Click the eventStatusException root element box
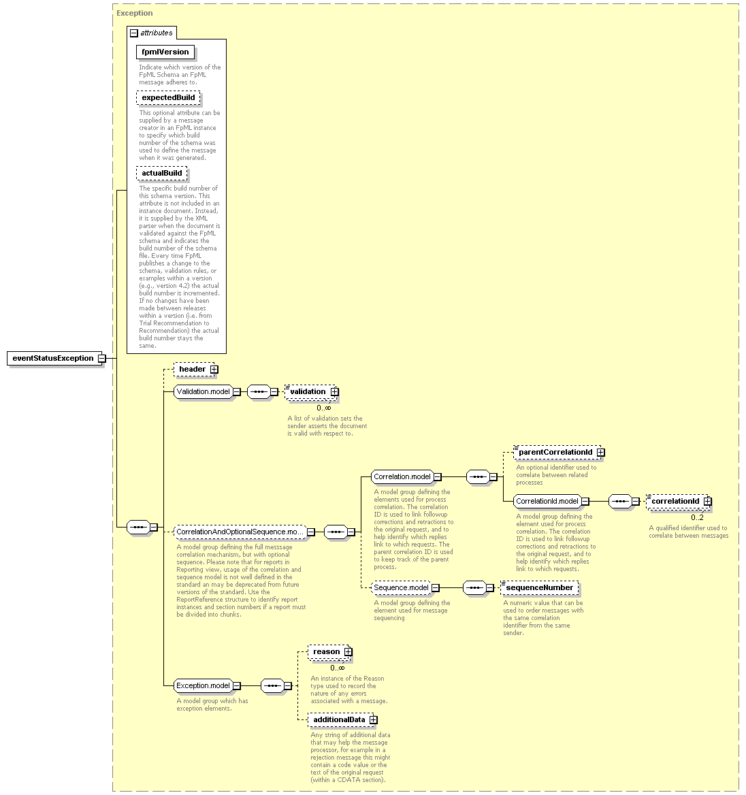[52, 359]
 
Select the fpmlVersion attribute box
[165, 52]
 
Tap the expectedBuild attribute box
[168, 98]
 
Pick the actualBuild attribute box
[162, 174]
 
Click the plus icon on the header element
[214, 370]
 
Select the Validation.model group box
[204, 392]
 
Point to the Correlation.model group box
[402, 477]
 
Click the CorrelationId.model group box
[547, 502]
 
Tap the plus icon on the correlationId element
[707, 502]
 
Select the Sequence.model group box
[401, 588]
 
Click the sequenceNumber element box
[540, 588]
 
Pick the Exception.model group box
[204, 686]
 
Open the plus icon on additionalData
[373, 720]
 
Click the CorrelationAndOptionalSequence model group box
[240, 532]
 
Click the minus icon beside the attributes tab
[134, 33]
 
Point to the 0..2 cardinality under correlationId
[697, 518]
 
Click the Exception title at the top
[134, 13]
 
